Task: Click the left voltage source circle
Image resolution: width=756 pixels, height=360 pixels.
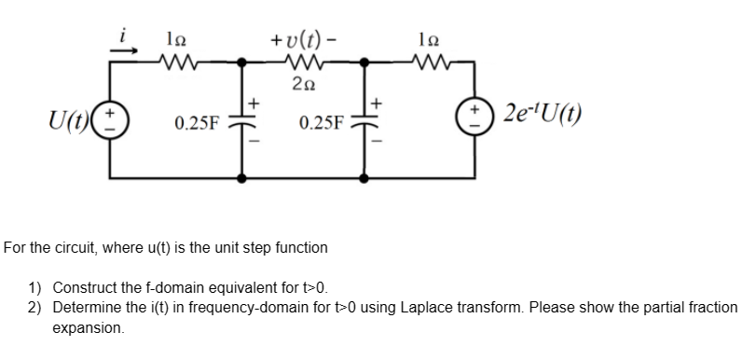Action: pos(115,122)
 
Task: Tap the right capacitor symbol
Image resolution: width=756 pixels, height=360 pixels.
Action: pos(364,123)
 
